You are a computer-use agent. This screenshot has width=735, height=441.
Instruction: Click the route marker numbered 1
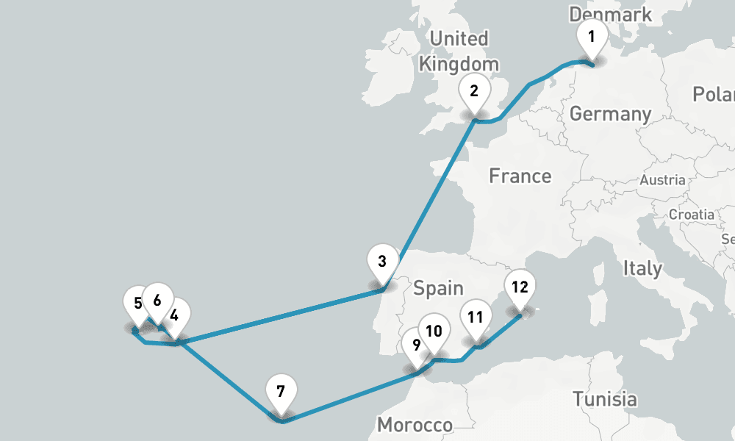592,35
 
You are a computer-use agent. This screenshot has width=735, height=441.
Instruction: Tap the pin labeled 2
474,92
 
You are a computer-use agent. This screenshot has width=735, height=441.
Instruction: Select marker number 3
382,262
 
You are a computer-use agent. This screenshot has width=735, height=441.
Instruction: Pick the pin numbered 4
174,316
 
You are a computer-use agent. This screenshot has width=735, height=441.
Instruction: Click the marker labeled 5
138,303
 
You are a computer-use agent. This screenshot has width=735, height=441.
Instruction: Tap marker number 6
157,300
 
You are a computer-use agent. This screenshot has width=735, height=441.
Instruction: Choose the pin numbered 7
280,391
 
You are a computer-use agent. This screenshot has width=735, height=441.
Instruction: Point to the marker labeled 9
416,345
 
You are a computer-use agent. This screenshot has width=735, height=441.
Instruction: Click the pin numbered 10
434,331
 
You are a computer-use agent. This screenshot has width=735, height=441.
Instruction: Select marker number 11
476,318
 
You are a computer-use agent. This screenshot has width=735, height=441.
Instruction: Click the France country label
520,176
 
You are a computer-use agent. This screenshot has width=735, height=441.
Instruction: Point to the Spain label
438,287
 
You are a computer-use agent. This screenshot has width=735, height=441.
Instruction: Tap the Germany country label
610,114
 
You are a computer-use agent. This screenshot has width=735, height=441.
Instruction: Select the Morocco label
415,425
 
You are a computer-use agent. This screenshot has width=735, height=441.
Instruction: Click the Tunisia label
605,399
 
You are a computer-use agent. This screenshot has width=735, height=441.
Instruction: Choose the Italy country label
642,268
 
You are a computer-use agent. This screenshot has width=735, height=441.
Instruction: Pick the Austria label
662,180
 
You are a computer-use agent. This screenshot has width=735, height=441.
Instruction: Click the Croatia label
691,215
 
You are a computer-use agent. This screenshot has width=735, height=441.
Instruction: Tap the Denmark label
610,14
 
